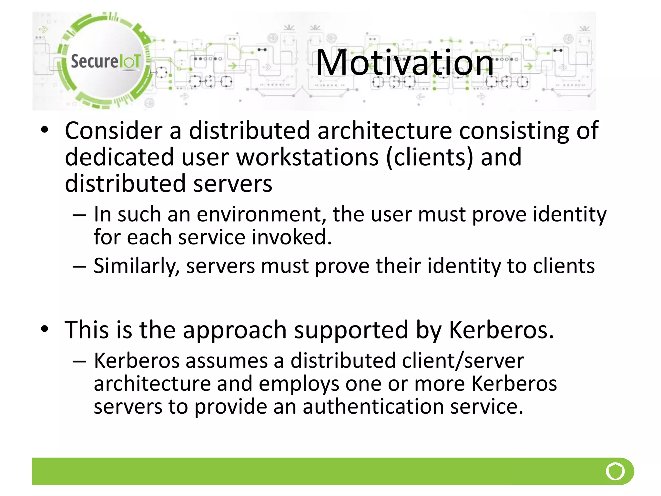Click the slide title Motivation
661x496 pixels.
point(404,63)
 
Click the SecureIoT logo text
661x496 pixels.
point(106,61)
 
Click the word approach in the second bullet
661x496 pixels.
point(235,330)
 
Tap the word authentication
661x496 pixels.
point(373,407)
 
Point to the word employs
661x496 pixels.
point(299,384)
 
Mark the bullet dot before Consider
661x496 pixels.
point(45,130)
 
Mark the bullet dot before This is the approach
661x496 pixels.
point(45,329)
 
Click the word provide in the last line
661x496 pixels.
point(230,407)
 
